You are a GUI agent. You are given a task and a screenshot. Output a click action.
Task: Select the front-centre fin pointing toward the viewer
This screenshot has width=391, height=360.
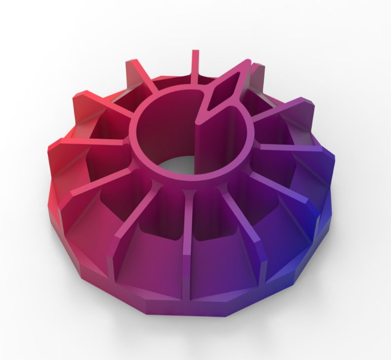[x=187, y=222]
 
